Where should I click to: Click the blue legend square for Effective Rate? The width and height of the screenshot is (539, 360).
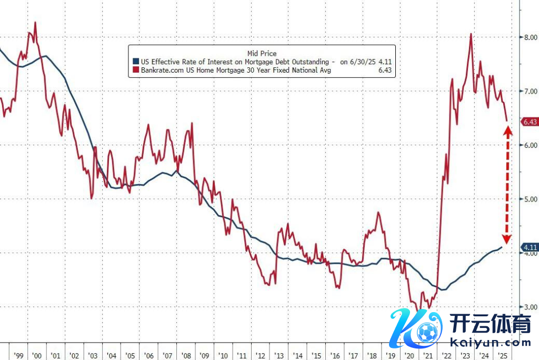136,62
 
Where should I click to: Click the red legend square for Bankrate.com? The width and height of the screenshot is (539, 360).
136,70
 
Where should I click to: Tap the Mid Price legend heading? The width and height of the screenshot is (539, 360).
262,53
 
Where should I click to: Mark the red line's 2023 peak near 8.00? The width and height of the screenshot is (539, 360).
470,34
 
